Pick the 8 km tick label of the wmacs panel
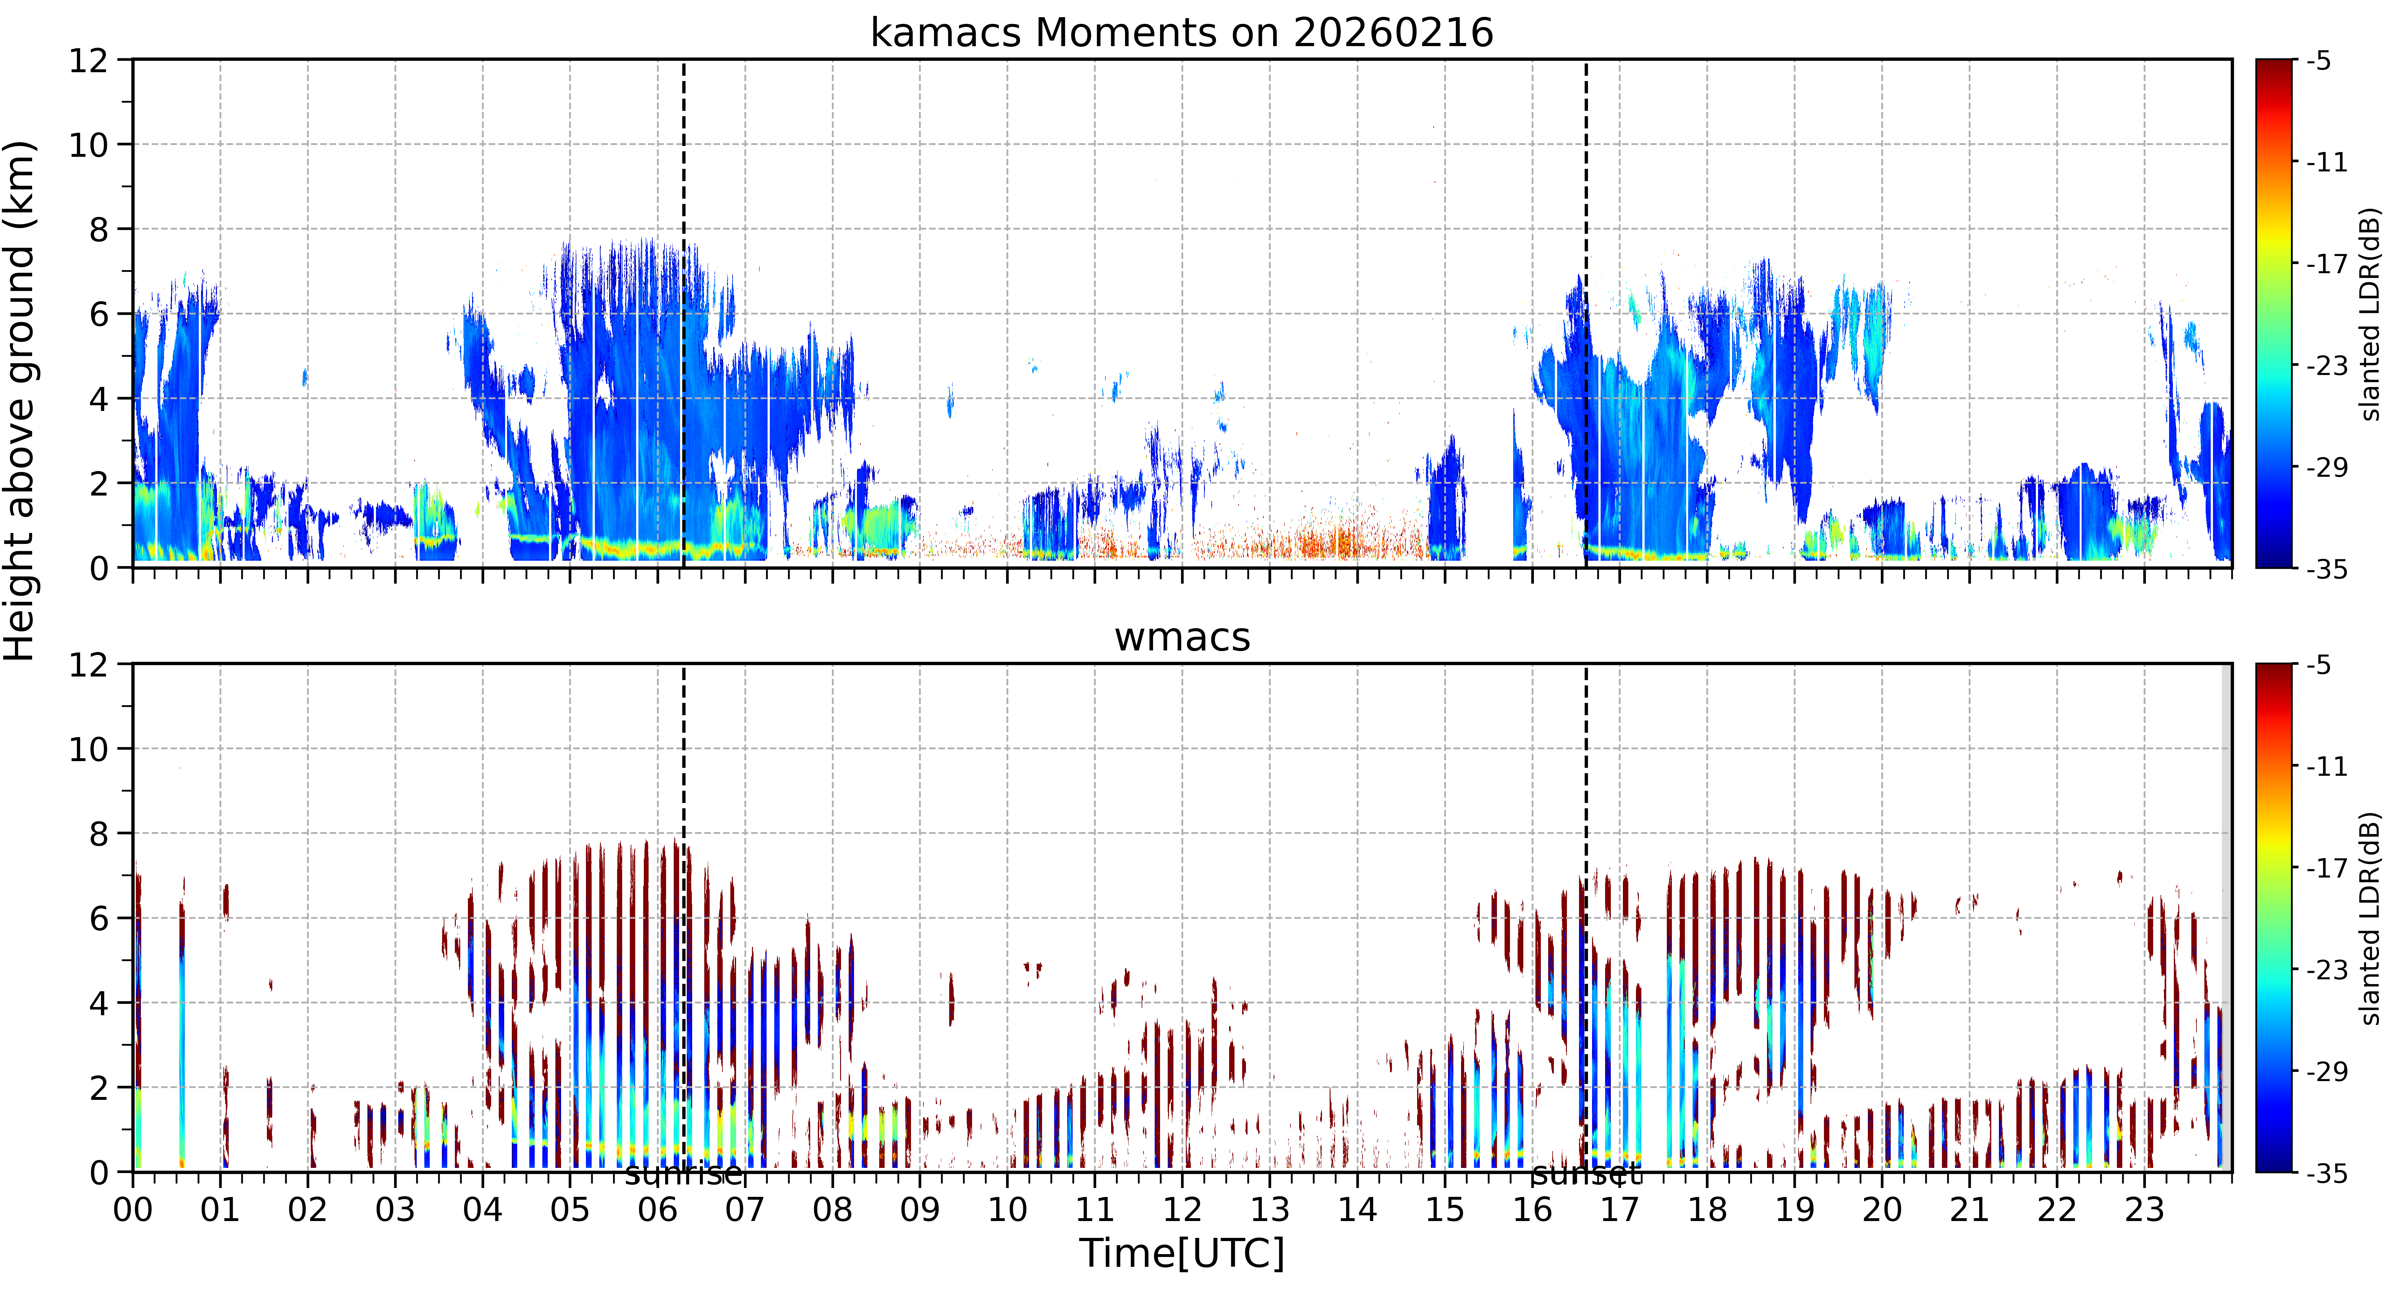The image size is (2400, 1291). [99, 834]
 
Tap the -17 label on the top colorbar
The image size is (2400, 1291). [2327, 265]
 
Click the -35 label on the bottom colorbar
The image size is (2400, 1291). [2327, 1174]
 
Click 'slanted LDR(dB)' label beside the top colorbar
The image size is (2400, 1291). [2370, 314]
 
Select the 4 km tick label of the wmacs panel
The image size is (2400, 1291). [99, 1003]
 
